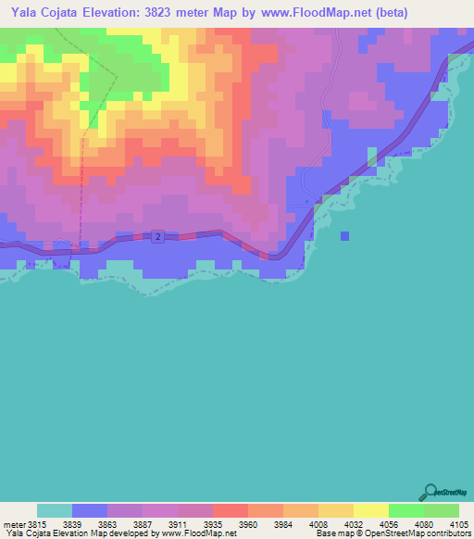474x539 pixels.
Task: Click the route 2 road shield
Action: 158,238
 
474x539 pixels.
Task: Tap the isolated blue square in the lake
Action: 344,235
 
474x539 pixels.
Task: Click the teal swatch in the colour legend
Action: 55,511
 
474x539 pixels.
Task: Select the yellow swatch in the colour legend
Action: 370,511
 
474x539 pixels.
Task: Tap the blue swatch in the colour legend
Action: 90,511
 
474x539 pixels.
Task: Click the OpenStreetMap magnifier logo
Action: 430,492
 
